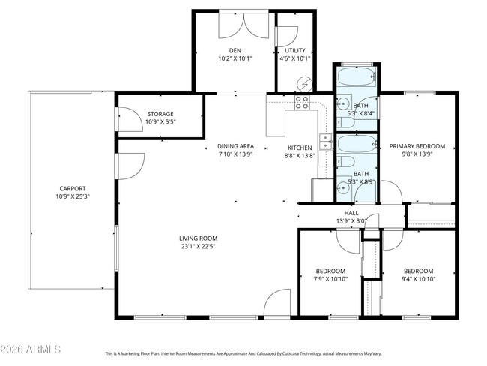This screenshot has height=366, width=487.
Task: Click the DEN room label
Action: [235, 51]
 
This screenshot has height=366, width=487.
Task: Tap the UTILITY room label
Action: [295, 51]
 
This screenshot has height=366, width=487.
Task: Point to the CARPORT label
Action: [73, 188]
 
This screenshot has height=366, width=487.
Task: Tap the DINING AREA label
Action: [235, 146]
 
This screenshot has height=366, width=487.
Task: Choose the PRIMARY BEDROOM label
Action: [417, 146]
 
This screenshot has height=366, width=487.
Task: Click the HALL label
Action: [351, 213]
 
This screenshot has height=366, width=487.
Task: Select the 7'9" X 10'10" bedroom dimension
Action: [330, 279]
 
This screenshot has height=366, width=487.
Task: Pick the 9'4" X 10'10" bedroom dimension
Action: [418, 279]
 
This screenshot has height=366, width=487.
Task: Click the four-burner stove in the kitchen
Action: [303, 102]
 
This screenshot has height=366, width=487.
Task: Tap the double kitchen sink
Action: [325, 142]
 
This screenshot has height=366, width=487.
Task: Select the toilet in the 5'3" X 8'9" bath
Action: [348, 163]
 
